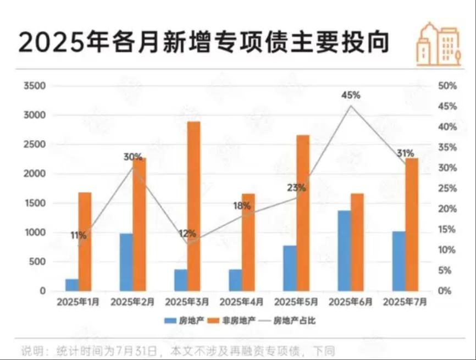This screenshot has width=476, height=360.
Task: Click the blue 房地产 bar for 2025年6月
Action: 344,251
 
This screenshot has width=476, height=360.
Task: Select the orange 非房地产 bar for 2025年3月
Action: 194,206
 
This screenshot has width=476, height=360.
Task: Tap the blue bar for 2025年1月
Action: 72,285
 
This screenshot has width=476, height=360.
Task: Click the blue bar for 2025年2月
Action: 126,262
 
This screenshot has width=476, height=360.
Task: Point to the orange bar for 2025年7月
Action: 412,224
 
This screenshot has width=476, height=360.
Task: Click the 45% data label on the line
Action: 351,95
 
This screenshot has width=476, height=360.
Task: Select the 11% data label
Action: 78,235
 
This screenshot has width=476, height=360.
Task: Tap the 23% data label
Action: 296,187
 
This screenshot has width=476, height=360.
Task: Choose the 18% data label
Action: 242,206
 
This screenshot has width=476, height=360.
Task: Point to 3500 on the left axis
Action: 34,86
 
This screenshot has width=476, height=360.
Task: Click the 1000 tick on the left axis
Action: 34,232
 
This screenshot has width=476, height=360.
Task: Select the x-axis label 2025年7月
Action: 405,302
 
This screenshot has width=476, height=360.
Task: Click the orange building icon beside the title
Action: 438,45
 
